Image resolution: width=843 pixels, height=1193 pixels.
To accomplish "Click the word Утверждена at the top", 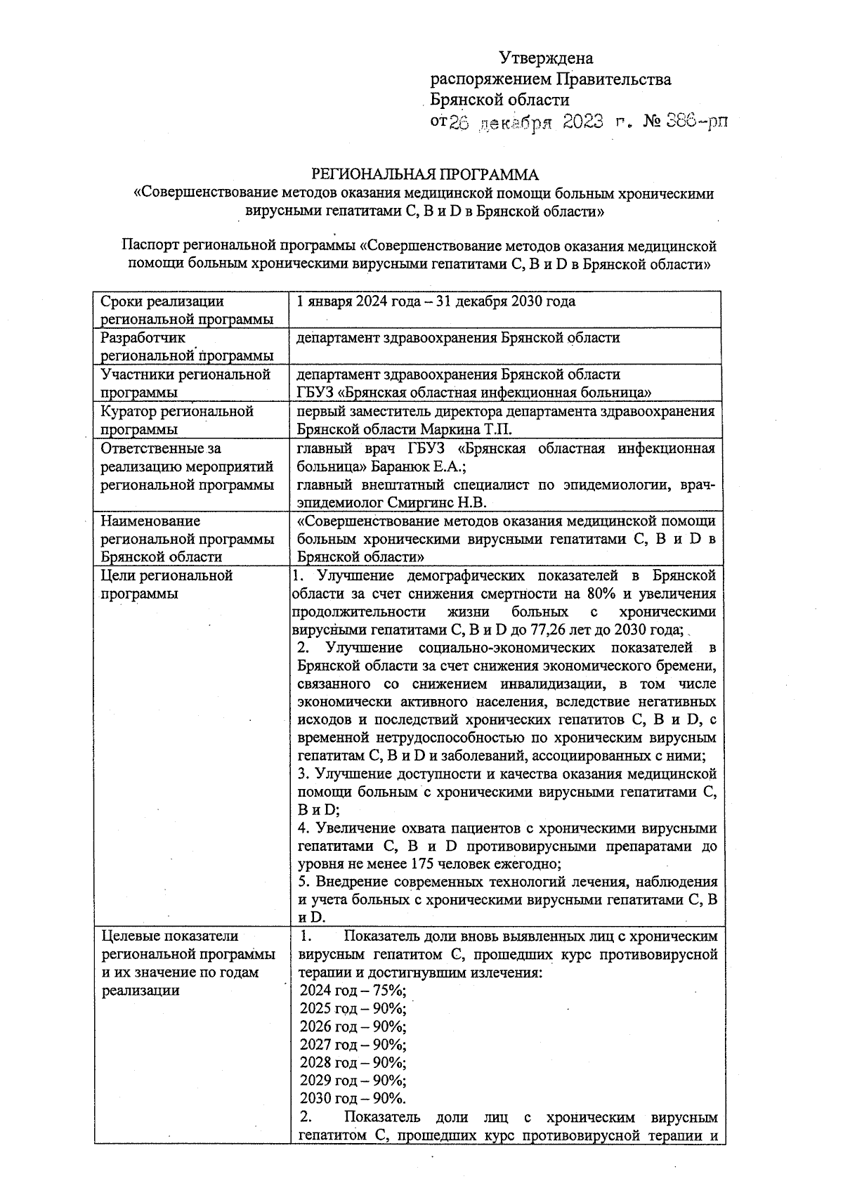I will click(x=546, y=58).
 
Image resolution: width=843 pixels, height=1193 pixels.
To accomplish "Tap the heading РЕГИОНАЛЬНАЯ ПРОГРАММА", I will click(x=425, y=174).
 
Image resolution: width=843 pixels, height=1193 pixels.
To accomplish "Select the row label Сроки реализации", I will click(x=162, y=302).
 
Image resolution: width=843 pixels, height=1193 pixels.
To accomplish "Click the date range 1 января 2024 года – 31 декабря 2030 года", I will click(x=436, y=302).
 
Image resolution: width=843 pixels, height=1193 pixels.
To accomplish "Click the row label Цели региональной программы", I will click(x=166, y=576).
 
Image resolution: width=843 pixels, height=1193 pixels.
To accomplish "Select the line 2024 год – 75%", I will click(x=352, y=991).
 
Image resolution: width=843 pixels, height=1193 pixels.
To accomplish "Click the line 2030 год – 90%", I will click(x=352, y=1099).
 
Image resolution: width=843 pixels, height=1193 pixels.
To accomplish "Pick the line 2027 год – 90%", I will click(x=352, y=1045).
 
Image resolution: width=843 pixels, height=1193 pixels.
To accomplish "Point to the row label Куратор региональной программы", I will click(x=176, y=412).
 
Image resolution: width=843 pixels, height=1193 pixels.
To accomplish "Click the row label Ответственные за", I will click(x=161, y=448).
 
